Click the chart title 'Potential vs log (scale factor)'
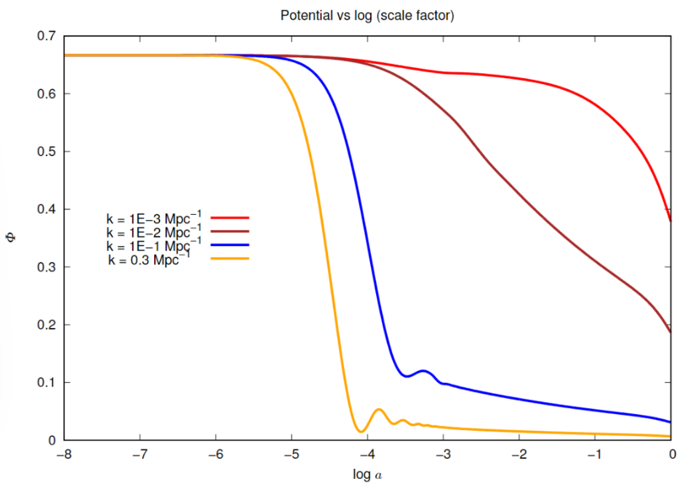(367, 16)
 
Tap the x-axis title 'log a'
(368, 475)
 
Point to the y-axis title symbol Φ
(16, 238)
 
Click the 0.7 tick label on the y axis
(47, 36)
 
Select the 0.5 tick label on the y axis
(47, 152)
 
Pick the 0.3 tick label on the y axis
(47, 267)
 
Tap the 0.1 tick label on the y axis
(47, 383)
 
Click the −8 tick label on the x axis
(64, 454)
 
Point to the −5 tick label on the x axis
(292, 454)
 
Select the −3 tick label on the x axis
(443, 454)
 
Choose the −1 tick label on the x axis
(595, 454)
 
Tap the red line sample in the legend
(230, 217)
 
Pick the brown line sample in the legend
(230, 231)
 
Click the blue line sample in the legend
(230, 245)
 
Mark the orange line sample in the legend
(230, 259)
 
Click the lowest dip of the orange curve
(360, 431)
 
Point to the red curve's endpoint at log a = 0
(671, 221)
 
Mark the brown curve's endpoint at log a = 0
(671, 332)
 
